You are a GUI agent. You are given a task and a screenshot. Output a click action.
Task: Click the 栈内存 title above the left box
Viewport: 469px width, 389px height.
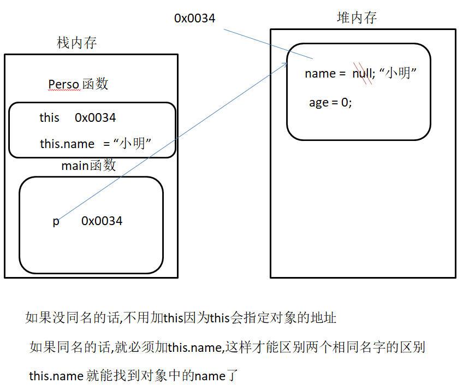(77, 43)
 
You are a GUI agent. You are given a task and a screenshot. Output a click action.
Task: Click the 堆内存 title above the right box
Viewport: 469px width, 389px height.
(357, 18)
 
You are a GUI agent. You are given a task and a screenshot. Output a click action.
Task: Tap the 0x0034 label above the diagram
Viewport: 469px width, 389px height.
(195, 18)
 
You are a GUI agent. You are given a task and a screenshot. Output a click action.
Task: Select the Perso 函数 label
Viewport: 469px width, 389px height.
(78, 84)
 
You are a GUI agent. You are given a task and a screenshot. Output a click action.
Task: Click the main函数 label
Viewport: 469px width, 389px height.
(88, 166)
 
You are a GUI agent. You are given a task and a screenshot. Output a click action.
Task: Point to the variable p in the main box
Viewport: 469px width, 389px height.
(56, 221)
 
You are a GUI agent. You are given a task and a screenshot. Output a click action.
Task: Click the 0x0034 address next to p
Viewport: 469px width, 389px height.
(102, 221)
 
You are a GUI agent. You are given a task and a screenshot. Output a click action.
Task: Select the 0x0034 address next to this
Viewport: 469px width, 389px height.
(96, 117)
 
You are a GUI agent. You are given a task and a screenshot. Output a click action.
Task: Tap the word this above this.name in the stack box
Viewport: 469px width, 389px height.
(49, 117)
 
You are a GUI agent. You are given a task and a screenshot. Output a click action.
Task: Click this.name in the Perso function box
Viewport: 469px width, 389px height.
(67, 144)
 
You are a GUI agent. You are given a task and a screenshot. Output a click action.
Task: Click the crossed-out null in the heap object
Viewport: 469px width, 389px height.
(363, 74)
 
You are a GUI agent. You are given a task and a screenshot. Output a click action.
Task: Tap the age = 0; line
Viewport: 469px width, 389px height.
(330, 103)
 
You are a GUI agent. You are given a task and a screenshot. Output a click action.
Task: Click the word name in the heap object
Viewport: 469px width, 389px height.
(319, 74)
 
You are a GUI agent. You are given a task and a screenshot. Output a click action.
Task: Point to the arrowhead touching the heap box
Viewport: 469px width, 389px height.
(285, 64)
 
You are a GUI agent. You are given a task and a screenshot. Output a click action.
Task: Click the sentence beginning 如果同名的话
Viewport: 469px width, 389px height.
(227, 347)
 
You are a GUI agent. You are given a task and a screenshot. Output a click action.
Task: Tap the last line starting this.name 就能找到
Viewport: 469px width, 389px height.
(134, 376)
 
